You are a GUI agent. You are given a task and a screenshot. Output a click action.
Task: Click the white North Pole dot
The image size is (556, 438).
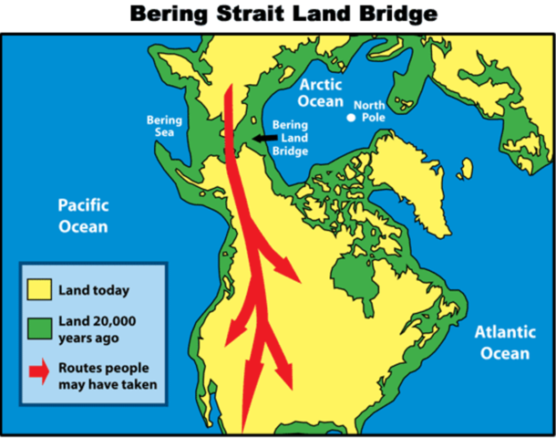coord(351,118)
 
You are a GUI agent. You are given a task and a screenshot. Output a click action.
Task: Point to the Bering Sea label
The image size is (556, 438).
coord(164,128)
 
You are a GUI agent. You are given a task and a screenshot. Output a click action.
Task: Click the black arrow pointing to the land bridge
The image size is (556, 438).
coord(265,138)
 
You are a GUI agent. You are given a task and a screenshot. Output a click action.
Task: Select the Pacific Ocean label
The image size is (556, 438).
coord(84,214)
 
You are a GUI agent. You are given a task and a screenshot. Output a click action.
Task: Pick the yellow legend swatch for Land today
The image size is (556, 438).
coord(41,290)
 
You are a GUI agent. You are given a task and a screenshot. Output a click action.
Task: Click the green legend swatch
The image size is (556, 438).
coord(41,328)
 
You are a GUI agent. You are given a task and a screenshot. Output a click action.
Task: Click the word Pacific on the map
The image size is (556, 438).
coord(84,203)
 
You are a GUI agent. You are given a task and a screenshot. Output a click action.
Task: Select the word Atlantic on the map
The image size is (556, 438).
coord(502,333)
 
